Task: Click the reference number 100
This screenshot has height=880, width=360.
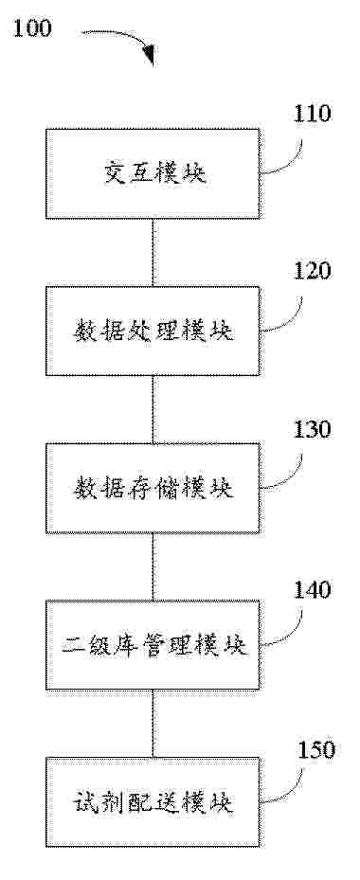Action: [32, 28]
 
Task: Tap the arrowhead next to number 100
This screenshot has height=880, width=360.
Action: [149, 53]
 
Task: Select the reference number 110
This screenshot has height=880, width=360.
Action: [311, 114]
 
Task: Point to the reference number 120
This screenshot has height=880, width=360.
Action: [311, 271]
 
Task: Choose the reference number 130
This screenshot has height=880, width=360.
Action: [311, 429]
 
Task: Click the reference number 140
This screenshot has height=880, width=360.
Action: [311, 589]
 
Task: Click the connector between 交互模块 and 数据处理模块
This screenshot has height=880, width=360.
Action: [153, 253]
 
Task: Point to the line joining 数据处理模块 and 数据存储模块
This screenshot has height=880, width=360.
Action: [153, 410]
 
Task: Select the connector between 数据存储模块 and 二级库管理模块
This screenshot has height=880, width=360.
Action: [153, 566]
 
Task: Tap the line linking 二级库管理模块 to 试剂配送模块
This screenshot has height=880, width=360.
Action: [153, 724]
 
